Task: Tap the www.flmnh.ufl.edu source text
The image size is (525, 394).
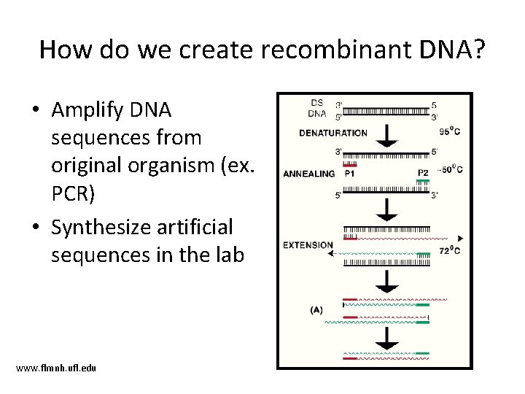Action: click(x=56, y=367)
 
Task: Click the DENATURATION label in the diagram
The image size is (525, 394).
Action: click(x=333, y=133)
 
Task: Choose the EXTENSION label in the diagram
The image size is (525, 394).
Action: click(x=308, y=245)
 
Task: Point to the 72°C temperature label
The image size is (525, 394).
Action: click(x=448, y=252)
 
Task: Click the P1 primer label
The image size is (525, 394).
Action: click(x=350, y=174)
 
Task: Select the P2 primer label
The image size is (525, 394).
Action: click(x=423, y=173)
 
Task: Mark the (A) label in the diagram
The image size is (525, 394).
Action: click(x=316, y=309)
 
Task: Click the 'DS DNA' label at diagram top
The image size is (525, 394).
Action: click(x=317, y=107)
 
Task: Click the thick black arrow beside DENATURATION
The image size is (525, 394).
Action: click(x=387, y=134)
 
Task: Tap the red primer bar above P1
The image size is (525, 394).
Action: click(x=350, y=166)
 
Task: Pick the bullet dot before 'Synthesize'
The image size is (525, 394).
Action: click(x=35, y=228)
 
